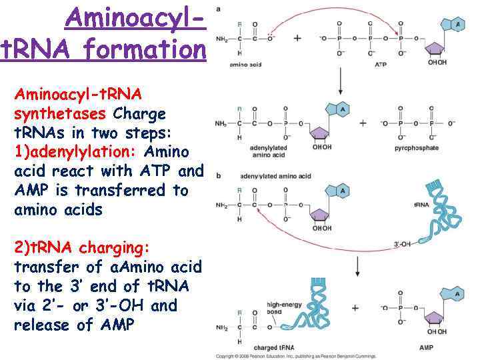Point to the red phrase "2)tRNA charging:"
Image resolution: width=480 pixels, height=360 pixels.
coord(82,248)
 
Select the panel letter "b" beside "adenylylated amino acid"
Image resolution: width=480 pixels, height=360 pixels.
coord(219,176)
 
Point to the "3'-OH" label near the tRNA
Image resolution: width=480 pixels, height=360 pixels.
coord(402,245)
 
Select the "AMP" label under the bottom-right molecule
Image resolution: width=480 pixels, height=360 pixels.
coord(427,347)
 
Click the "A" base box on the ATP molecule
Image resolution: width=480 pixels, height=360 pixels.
coord(457,25)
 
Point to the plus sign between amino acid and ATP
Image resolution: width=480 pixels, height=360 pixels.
coord(297,38)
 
